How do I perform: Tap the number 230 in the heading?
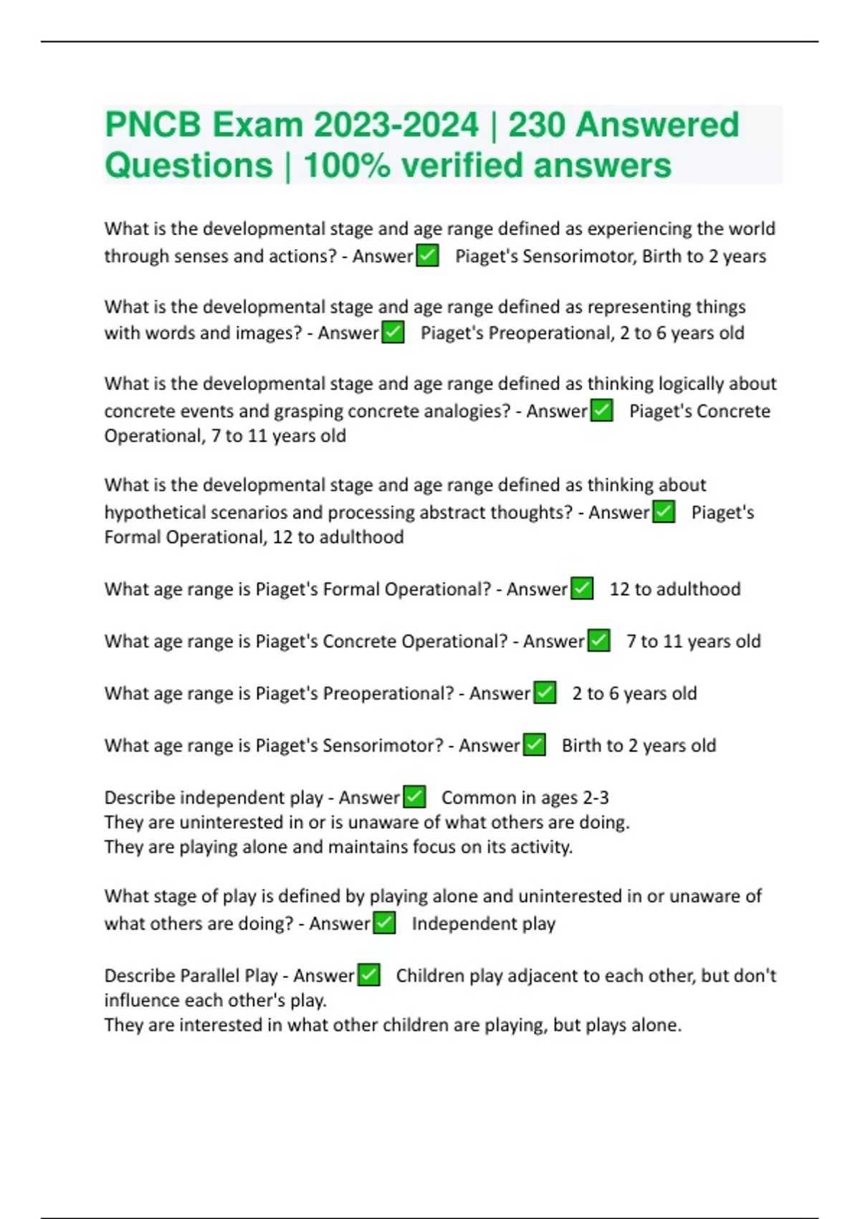click(537, 125)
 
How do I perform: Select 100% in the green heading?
click(347, 166)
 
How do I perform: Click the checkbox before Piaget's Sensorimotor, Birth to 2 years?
click(428, 256)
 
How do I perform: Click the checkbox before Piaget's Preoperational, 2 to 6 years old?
click(393, 333)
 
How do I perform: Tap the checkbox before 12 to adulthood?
click(582, 589)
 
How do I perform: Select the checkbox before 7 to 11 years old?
click(598, 641)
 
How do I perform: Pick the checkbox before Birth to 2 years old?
click(535, 745)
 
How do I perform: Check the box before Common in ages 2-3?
click(414, 797)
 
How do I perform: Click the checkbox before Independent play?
click(385, 923)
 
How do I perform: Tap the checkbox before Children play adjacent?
click(368, 975)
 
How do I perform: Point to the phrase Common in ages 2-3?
click(525, 797)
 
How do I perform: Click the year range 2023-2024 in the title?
click(396, 125)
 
